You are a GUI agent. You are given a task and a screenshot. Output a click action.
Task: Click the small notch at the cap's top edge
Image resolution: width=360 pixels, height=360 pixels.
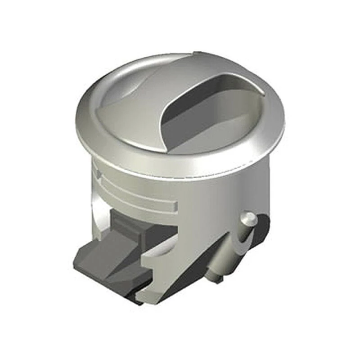[x=194, y=54]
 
